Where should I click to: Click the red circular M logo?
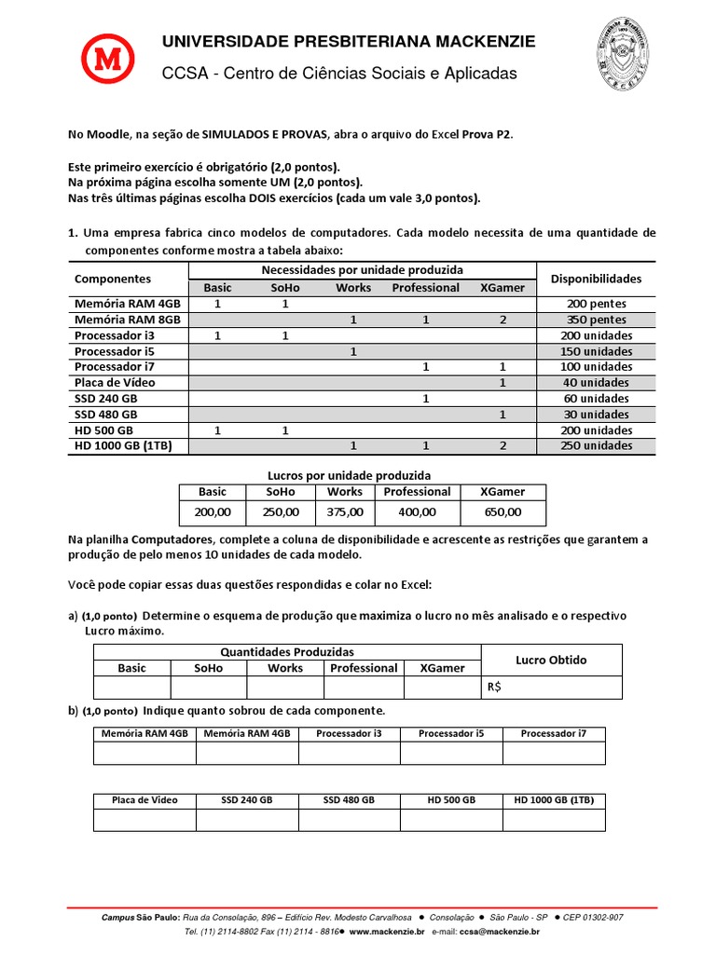pos(111,61)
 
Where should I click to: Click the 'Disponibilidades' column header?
pos(596,279)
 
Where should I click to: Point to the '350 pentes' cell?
pos(596,320)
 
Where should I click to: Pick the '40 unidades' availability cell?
pos(596,383)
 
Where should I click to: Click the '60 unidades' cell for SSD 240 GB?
pos(596,399)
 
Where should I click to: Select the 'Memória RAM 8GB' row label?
pos(128,320)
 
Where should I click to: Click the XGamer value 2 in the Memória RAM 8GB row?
pos(503,320)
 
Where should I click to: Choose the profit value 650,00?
pos(503,512)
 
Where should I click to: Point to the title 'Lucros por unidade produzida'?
pos(363,475)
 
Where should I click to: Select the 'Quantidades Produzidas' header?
pos(286,652)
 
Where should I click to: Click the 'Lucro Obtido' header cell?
pos(551,660)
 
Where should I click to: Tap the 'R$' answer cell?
pos(551,688)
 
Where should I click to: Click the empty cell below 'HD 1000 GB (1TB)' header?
pos(554,820)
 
